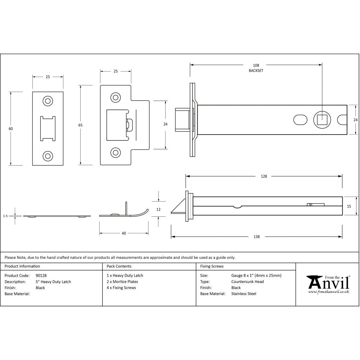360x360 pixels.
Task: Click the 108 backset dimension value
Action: coord(256,65)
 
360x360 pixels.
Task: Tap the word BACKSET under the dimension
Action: coord(256,71)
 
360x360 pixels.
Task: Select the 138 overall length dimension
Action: coord(257,237)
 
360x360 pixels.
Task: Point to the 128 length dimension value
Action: coord(264,176)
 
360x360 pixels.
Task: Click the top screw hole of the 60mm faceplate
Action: coord(48,101)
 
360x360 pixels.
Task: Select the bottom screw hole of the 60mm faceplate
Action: coord(48,156)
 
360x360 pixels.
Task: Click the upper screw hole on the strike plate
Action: coord(115,97)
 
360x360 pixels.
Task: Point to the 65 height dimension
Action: coord(80,125)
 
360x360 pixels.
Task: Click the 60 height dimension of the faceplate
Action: coord(11,129)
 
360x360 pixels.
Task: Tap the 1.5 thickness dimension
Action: coord(5,216)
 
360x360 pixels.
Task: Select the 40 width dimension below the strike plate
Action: coord(124,233)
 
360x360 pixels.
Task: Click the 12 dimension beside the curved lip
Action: coord(159,209)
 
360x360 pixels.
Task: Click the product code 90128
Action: coord(41,275)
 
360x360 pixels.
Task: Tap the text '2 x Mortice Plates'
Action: coord(122,282)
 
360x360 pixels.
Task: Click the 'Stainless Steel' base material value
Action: coord(244,294)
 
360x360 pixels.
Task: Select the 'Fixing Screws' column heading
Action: coord(212,266)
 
